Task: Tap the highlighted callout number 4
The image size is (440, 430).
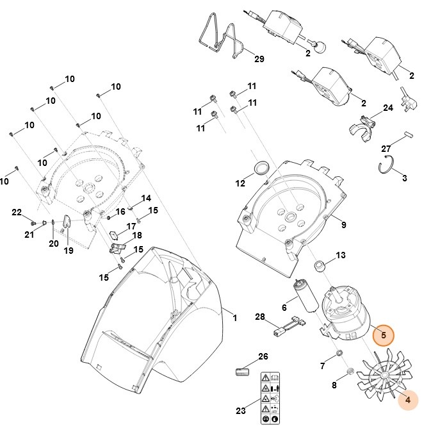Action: coord(407,400)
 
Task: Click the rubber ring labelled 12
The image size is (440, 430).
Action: coord(261,168)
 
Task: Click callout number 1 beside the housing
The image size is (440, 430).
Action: coord(234,318)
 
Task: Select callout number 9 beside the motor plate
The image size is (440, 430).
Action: coord(343,225)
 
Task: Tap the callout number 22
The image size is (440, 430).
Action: coord(17,212)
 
